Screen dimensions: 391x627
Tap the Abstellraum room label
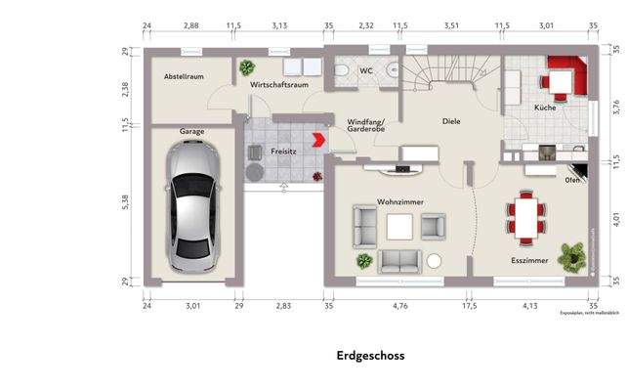[184, 75]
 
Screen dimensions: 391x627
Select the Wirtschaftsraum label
[279, 85]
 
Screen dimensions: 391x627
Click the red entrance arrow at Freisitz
[317, 141]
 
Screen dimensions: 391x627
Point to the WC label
[365, 71]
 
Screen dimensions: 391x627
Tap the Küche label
[545, 107]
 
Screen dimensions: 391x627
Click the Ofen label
[573, 180]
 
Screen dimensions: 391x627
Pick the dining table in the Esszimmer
[527, 218]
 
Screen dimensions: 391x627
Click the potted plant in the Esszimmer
[566, 256]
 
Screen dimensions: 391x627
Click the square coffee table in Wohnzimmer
[400, 227]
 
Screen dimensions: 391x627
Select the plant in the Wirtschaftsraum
[247, 67]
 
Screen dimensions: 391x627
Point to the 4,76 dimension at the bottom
[400, 306]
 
